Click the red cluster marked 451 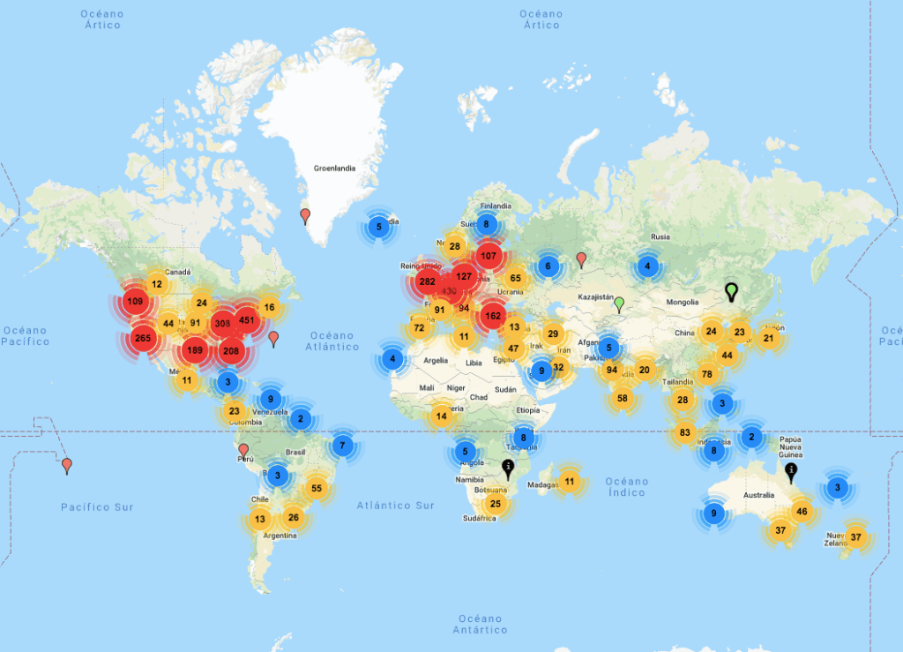coord(246,320)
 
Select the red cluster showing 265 coord(143,337)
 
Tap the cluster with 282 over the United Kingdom coord(428,282)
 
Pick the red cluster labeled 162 coord(492,315)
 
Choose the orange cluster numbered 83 coord(685,432)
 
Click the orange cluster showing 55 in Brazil coord(317,488)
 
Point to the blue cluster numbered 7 coord(343,446)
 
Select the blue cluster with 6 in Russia coord(548,266)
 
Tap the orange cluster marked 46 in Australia coord(802,512)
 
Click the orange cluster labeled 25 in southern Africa coord(496,504)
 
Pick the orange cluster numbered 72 coord(419,328)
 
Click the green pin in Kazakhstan coord(619,305)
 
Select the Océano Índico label coord(626,487)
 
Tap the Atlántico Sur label coord(395,506)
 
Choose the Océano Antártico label coord(480,625)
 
